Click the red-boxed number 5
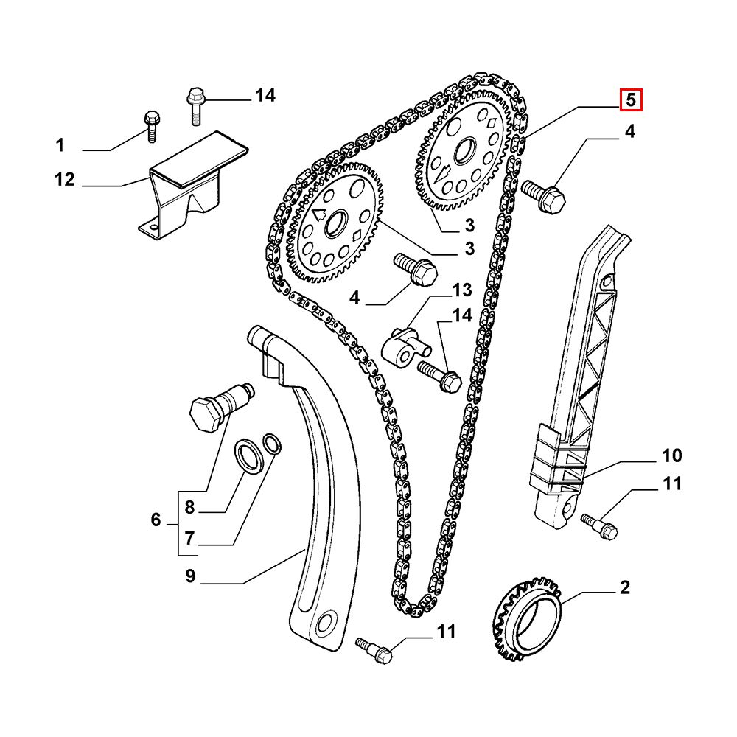pos(630,100)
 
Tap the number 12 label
pos(64,179)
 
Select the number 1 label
pos(60,145)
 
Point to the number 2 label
pos(624,587)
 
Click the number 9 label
pos(190,576)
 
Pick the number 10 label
pos(671,455)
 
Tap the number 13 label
pos(461,290)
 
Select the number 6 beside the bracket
pos(156,520)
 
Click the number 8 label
pos(189,507)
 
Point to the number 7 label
pos(189,538)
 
